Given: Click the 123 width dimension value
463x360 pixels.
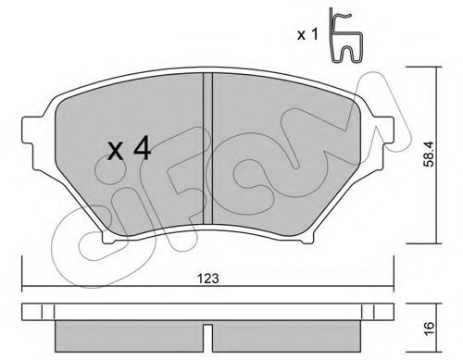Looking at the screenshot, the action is tap(208, 279).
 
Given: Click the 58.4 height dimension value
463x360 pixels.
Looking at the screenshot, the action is tap(429, 155).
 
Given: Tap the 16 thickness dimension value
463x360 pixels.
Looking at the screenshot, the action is tap(429, 328).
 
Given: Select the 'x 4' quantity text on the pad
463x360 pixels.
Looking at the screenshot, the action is tap(130, 149).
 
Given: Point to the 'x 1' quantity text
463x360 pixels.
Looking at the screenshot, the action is tap(307, 34).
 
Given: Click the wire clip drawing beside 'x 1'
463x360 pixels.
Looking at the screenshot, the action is tap(345, 35).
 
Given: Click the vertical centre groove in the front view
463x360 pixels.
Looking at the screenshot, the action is tap(208, 148).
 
